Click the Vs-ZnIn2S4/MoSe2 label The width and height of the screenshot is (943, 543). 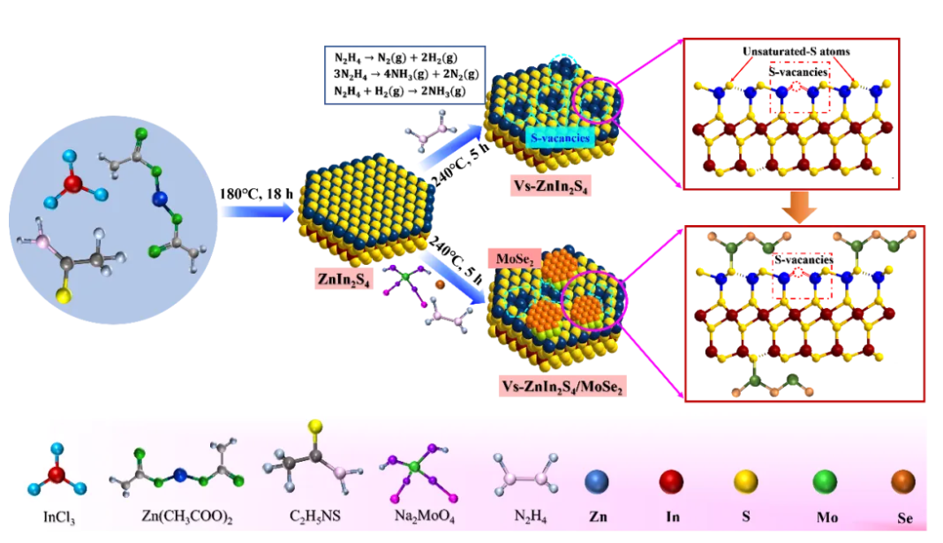click(558, 386)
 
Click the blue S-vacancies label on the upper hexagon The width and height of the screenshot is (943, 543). click(560, 138)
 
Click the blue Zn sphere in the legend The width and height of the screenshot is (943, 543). click(598, 482)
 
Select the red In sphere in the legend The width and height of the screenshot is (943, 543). click(673, 482)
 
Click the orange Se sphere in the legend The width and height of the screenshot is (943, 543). click(901, 482)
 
